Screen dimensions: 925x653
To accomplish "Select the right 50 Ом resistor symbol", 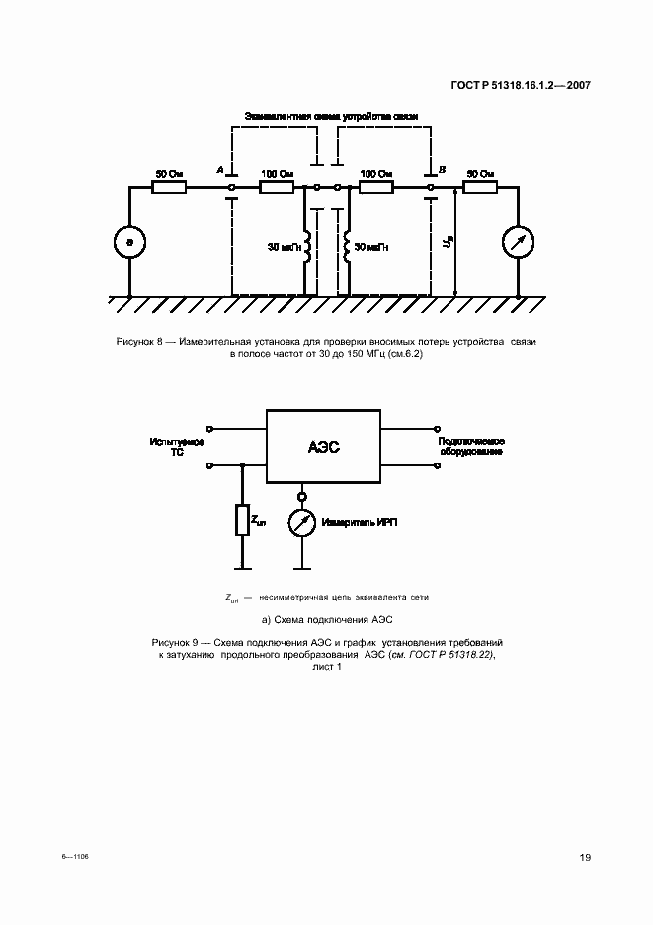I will tap(481, 186).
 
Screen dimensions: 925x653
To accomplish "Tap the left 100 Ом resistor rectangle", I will tap(278, 186).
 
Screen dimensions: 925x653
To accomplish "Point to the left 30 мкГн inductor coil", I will tap(307, 247).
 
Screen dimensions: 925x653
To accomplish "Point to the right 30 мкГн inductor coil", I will tap(348, 247).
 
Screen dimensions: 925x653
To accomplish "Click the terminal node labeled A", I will tap(231, 186).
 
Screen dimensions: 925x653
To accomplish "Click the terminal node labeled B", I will tap(431, 186).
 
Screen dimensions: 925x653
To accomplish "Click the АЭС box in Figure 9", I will tap(322, 447).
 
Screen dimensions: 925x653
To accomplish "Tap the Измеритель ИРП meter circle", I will tap(302, 521).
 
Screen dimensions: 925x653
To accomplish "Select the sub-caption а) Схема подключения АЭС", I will tap(326, 621).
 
